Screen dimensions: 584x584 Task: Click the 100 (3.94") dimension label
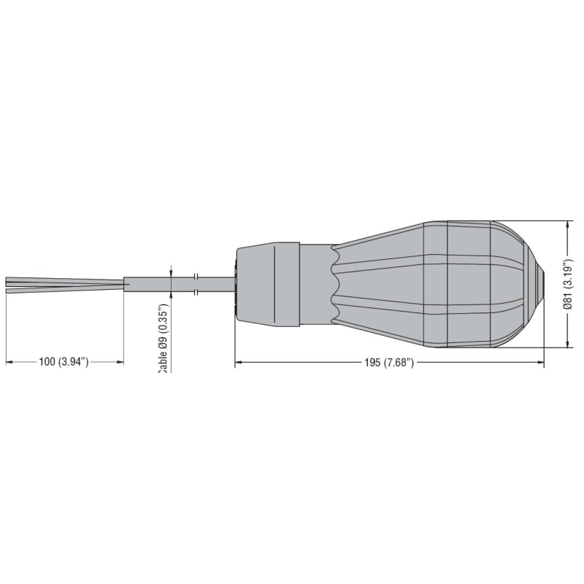(64, 361)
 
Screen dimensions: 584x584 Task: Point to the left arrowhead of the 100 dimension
(9, 361)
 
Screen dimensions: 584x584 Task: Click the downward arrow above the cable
(171, 271)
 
